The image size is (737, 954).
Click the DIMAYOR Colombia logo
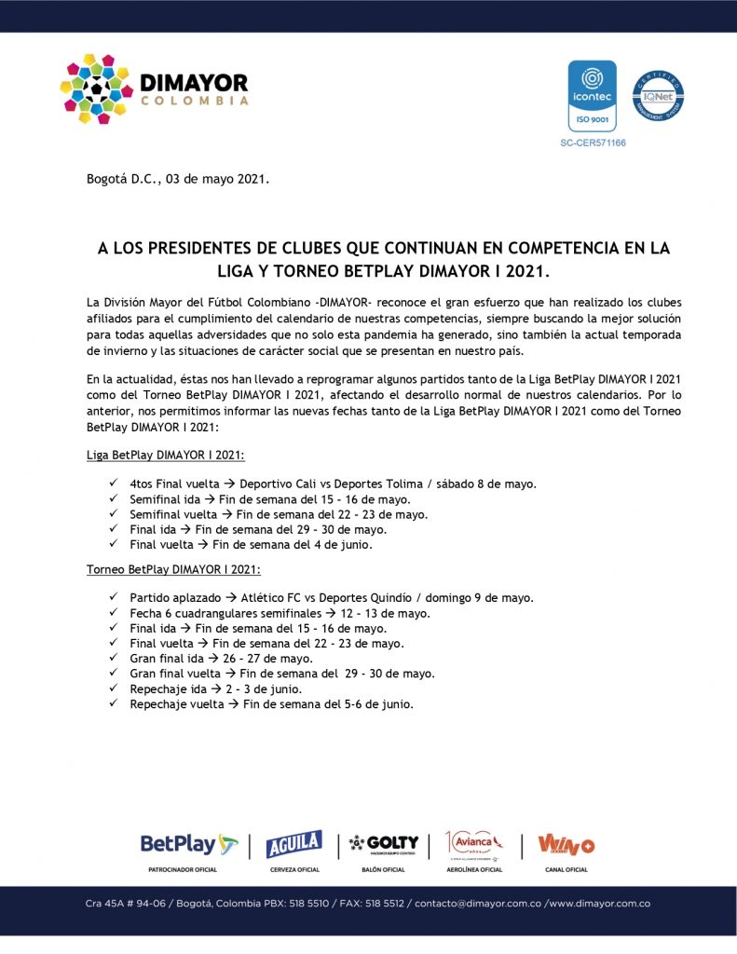[154, 89]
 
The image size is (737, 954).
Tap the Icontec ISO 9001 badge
[592, 96]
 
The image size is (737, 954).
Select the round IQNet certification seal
[658, 96]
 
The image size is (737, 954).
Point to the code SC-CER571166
[593, 143]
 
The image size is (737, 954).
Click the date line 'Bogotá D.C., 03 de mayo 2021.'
[178, 179]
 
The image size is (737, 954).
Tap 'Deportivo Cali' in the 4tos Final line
[280, 484]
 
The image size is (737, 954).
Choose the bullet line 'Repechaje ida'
[215, 689]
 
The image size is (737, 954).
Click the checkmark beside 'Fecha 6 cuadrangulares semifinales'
[112, 612]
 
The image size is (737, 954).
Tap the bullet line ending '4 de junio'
[251, 545]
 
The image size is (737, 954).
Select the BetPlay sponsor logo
[189, 844]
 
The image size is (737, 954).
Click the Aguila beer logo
[293, 844]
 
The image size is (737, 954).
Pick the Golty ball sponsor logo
[384, 843]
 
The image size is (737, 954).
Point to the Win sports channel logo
[566, 844]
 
